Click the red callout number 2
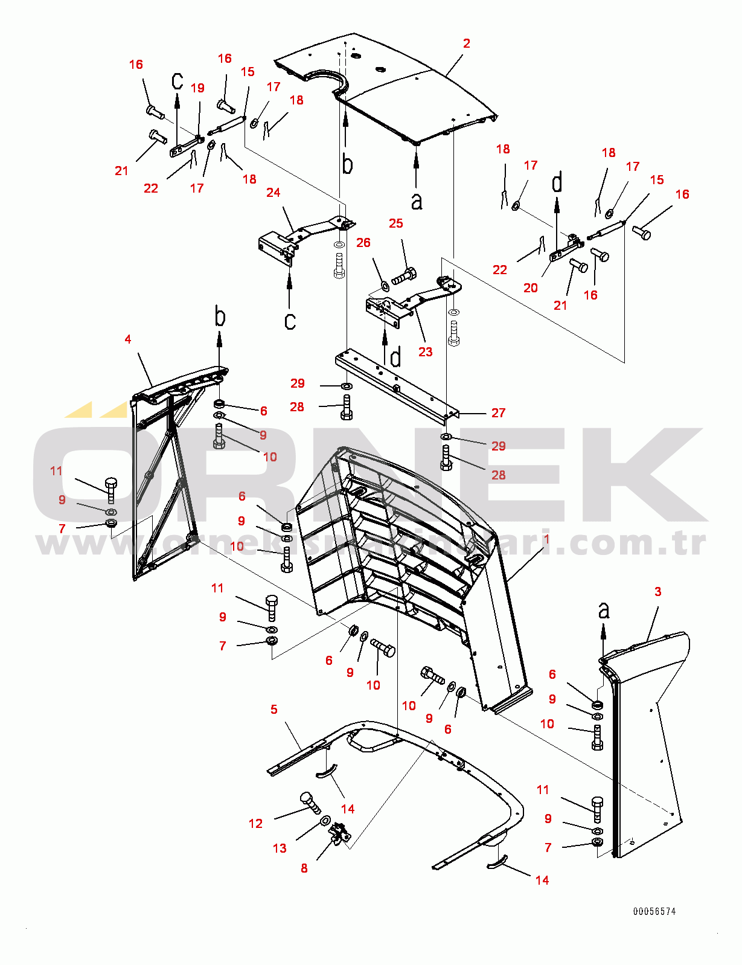(x=466, y=43)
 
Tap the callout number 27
(x=498, y=413)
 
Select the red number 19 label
(x=197, y=88)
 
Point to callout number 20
(x=530, y=288)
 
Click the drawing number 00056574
(x=654, y=912)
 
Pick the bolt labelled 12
(x=311, y=803)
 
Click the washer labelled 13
(x=325, y=821)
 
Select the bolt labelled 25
(x=404, y=277)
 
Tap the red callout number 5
(x=274, y=710)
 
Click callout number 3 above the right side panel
(x=657, y=592)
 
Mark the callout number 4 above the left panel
(x=127, y=339)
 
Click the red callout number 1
(x=546, y=539)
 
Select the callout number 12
(x=255, y=824)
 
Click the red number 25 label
(x=395, y=223)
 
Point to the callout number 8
(x=304, y=868)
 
